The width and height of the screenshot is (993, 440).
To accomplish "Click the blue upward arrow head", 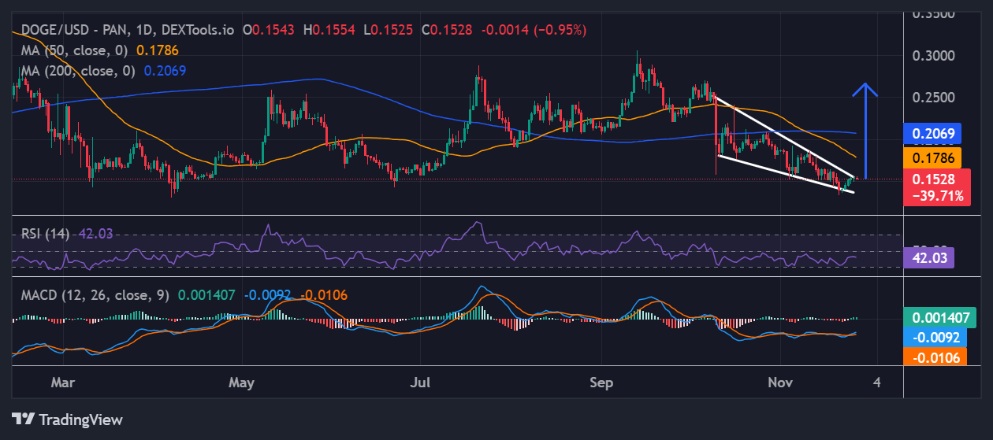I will click(x=865, y=89).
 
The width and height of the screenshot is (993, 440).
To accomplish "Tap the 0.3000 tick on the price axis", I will click(x=934, y=56).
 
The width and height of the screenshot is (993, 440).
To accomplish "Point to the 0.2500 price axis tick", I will click(x=934, y=98).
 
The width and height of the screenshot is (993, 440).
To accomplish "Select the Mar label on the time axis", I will click(x=62, y=383).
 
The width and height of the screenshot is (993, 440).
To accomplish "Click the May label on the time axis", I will click(x=242, y=383).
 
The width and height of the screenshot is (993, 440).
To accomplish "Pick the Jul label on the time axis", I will click(x=422, y=383).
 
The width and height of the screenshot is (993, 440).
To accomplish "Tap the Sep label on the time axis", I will click(x=601, y=383).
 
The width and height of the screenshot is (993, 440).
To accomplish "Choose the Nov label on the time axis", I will click(x=780, y=383).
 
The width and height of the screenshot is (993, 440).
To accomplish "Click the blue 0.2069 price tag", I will click(x=934, y=134).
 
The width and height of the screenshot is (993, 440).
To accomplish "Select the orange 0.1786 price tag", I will click(x=934, y=157).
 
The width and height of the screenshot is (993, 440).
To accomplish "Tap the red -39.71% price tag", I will click(x=937, y=196).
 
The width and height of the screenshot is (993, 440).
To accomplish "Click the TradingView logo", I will click(x=68, y=419).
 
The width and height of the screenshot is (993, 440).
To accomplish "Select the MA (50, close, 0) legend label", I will click(x=75, y=50).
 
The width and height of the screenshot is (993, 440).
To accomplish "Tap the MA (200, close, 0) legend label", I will click(x=78, y=70).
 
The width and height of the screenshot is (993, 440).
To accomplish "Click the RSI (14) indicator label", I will click(x=46, y=233).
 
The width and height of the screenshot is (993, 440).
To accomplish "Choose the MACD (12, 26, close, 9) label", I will click(x=95, y=295).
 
